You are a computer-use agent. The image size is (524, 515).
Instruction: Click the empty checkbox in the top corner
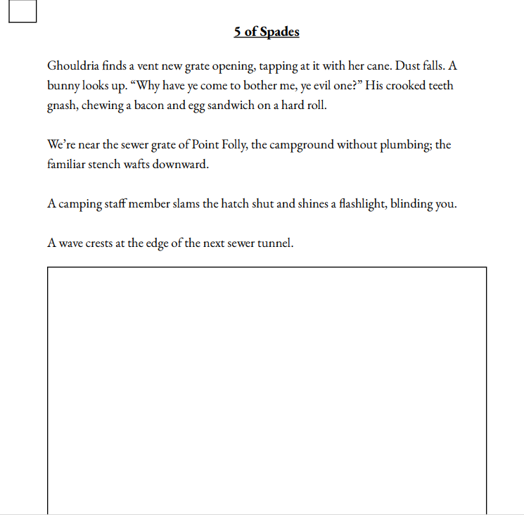pyautogui.click(x=23, y=11)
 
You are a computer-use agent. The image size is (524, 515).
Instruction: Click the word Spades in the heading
pyautogui.click(x=279, y=32)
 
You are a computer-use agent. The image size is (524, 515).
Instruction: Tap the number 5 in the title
pyautogui.click(x=238, y=32)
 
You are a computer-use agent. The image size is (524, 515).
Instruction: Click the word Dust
pyautogui.click(x=409, y=66)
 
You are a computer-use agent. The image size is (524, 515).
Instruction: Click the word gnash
pyautogui.click(x=62, y=106)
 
